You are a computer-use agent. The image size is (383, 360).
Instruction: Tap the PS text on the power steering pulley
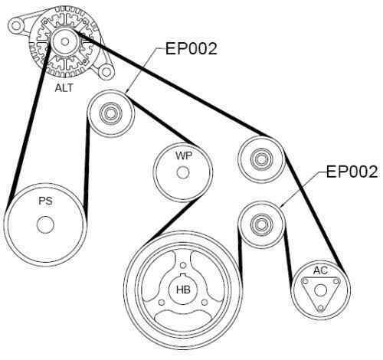point(45,203)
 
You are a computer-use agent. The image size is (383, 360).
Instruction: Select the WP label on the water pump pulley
point(182,155)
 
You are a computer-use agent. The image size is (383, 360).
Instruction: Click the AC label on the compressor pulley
point(320,270)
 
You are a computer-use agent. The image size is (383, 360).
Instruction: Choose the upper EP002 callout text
point(191,49)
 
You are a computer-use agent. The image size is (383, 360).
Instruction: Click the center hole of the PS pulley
point(44,224)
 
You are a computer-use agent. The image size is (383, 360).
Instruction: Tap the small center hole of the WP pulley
point(182,172)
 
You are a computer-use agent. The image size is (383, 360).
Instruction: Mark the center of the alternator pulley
point(64,39)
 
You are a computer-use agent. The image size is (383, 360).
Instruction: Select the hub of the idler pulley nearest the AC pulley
point(260,225)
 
